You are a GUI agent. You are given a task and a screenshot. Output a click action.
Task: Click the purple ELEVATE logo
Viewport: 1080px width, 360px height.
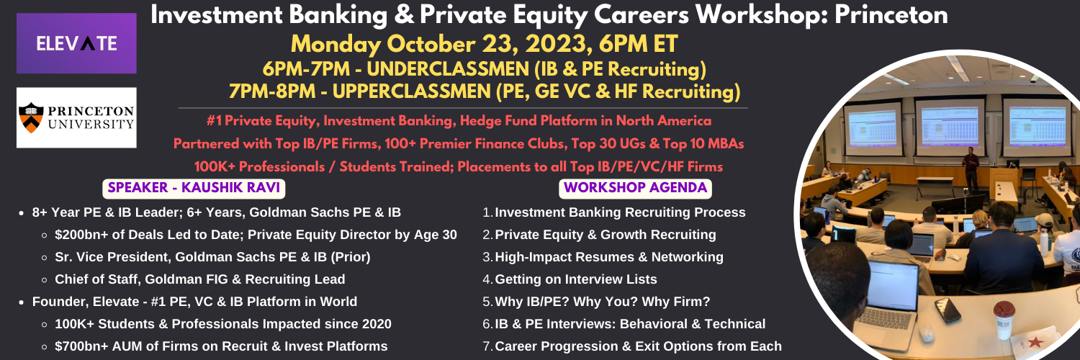click(76, 43)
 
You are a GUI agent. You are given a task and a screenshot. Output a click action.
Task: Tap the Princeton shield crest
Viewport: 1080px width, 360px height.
click(32, 117)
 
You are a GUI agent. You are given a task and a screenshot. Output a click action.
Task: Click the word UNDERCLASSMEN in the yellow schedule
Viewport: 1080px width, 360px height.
click(447, 69)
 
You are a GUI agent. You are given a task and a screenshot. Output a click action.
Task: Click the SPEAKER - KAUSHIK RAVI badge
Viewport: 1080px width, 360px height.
click(194, 188)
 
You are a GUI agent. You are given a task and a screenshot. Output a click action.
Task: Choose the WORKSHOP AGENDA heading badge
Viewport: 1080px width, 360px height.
click(635, 188)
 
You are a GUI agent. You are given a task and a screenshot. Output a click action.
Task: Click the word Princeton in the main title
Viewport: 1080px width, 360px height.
click(891, 15)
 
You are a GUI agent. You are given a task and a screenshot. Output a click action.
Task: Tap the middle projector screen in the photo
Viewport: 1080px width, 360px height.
click(950, 127)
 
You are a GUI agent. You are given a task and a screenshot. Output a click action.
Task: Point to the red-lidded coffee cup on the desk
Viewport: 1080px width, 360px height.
click(1004, 318)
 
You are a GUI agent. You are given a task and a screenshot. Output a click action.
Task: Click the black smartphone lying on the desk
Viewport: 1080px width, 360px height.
click(948, 310)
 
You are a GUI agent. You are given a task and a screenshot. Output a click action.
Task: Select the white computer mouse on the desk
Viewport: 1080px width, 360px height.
click(925, 333)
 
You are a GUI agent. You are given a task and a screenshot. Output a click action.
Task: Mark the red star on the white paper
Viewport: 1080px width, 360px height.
click(1034, 343)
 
